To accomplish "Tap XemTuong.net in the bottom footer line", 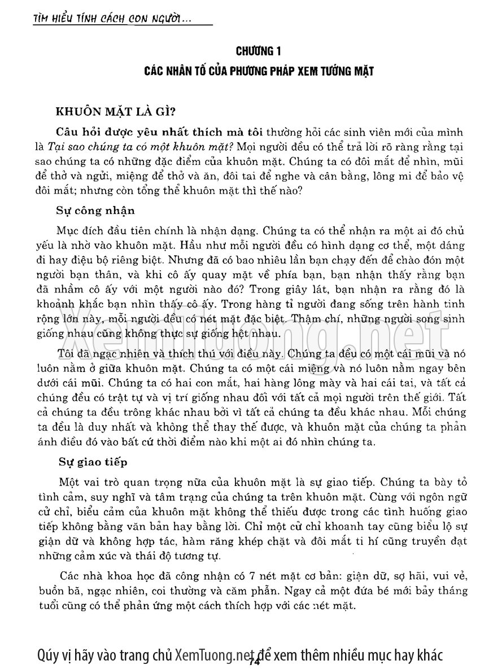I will pyautogui.click(x=212, y=654).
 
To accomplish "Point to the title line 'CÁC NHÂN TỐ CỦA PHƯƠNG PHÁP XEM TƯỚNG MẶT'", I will pyautogui.click(x=259, y=73).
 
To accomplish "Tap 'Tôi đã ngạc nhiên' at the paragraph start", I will pyautogui.click(x=98, y=354).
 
